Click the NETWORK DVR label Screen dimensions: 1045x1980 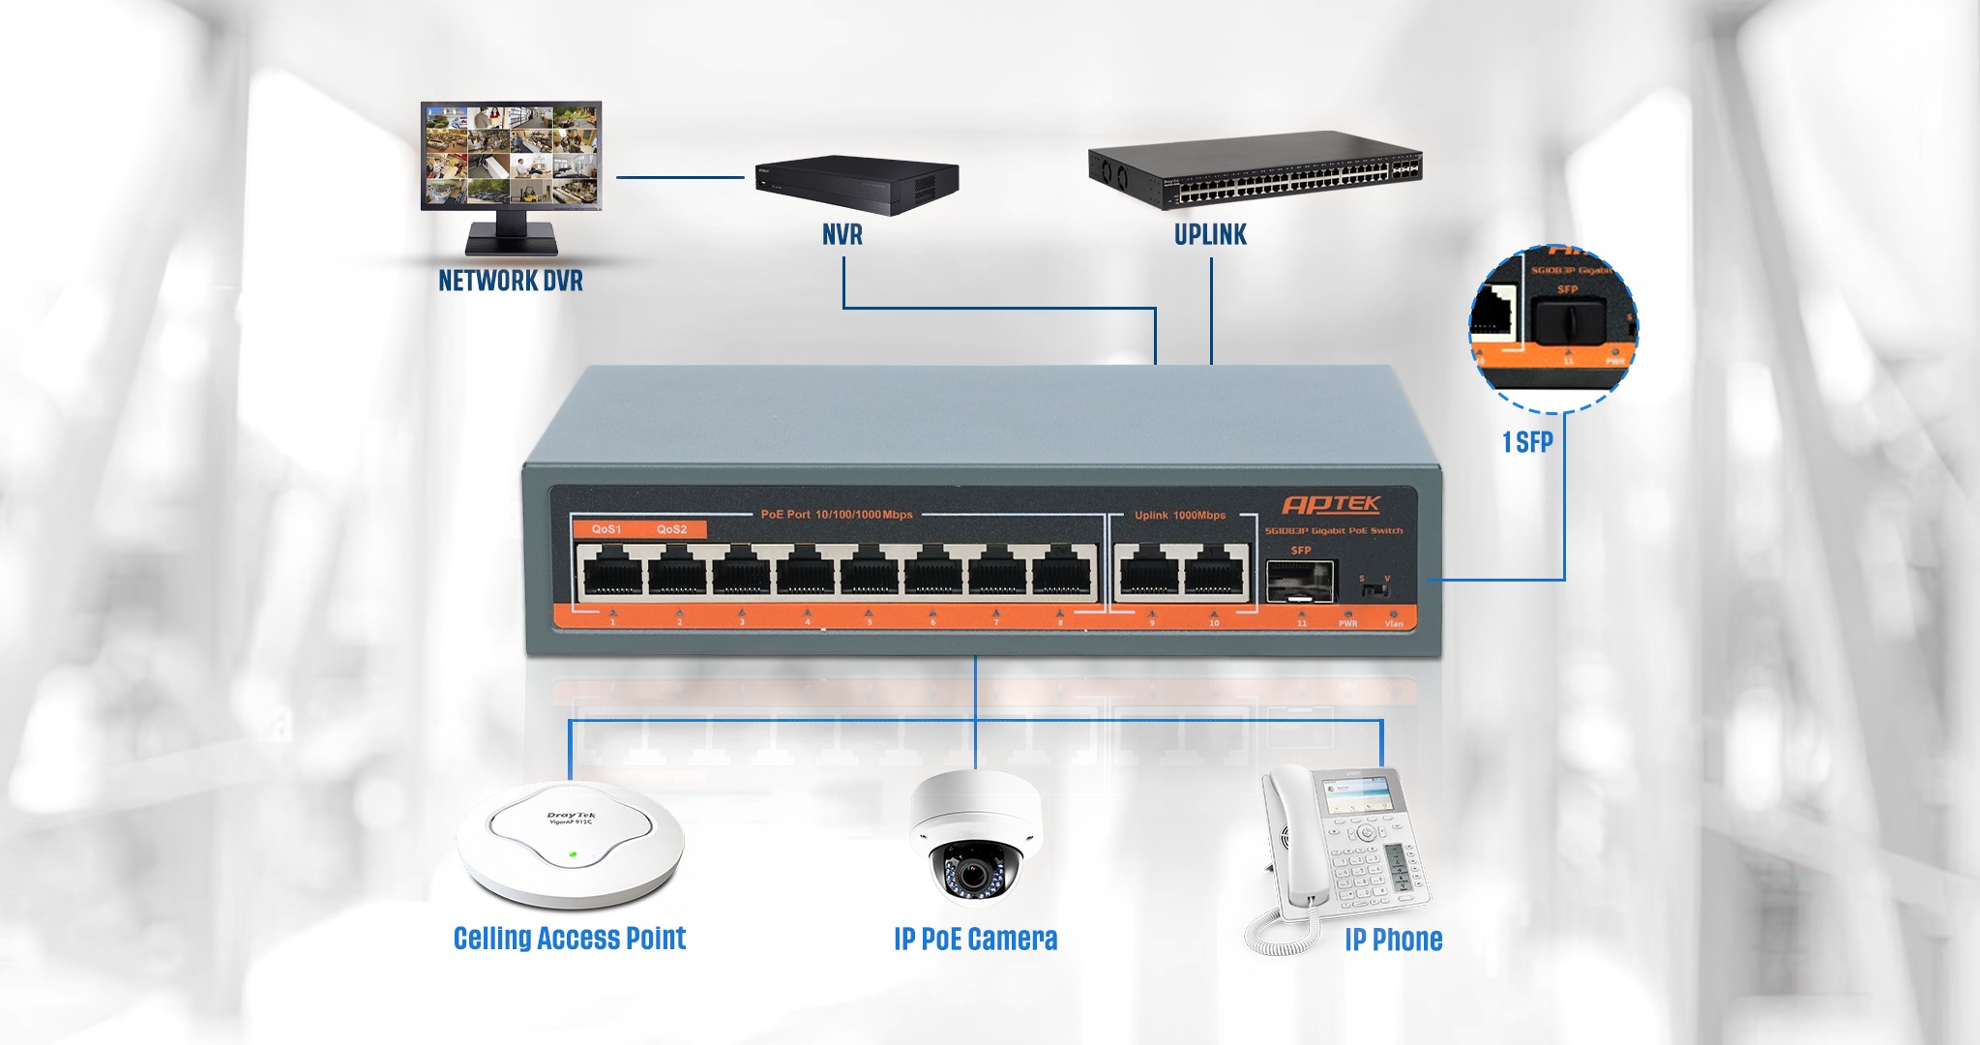click(x=511, y=281)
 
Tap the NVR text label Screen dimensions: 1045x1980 click(x=842, y=234)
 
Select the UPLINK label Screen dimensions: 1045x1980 click(x=1210, y=234)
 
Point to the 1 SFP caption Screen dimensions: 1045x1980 click(x=1527, y=442)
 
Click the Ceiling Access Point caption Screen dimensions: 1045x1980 click(x=570, y=938)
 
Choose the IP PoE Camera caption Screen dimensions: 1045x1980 click(x=975, y=939)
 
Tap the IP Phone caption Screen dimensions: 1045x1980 click(x=1393, y=940)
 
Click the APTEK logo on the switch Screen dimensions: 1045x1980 click(x=1331, y=504)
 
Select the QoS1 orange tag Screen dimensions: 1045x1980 click(x=606, y=529)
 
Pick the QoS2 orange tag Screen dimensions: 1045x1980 click(x=671, y=529)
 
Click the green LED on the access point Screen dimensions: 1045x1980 click(x=573, y=853)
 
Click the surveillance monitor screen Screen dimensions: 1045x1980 click(x=511, y=155)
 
